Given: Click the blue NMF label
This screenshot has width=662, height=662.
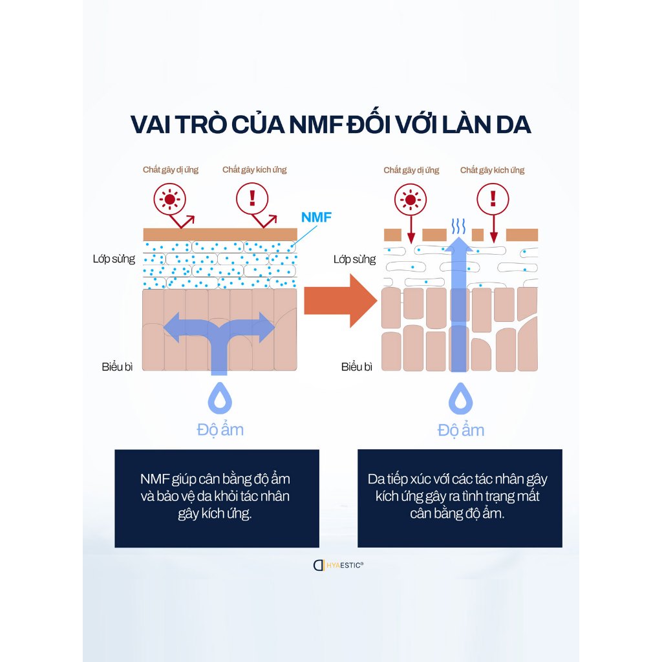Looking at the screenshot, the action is (x=316, y=217).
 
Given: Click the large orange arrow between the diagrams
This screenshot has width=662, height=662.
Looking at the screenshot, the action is (x=340, y=301).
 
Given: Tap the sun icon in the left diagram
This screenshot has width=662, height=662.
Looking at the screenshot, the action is (x=170, y=199).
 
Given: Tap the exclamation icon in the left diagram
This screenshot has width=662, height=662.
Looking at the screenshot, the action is (x=252, y=198).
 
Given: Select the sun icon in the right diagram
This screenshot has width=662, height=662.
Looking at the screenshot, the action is (x=411, y=199).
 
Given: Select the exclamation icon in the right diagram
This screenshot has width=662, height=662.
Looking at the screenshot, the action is (x=493, y=199).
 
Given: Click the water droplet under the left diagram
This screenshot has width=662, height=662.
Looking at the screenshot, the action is (x=220, y=398).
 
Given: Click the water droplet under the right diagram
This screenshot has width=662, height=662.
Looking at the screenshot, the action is (x=460, y=398).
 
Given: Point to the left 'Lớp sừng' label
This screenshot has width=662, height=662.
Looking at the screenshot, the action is (x=114, y=259).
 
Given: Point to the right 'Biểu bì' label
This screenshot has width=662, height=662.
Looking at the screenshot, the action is (x=357, y=367).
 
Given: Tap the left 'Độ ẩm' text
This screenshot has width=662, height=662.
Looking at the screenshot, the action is (x=220, y=430).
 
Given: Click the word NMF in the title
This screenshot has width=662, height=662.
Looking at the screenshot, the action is (x=315, y=125).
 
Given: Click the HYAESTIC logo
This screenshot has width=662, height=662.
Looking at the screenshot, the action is (x=338, y=565).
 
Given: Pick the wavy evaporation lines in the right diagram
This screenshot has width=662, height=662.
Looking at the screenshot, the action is (x=458, y=227).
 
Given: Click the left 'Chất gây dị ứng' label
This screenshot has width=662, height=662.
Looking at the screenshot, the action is (x=171, y=170).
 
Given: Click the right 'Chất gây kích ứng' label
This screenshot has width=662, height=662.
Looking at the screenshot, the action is (x=492, y=170).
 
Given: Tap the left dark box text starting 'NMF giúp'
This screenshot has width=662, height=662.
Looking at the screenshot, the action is (x=215, y=496).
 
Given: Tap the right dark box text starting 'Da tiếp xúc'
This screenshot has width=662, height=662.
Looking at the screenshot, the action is (x=458, y=496).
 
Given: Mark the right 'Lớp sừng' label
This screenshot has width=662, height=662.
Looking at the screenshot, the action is (x=355, y=259).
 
